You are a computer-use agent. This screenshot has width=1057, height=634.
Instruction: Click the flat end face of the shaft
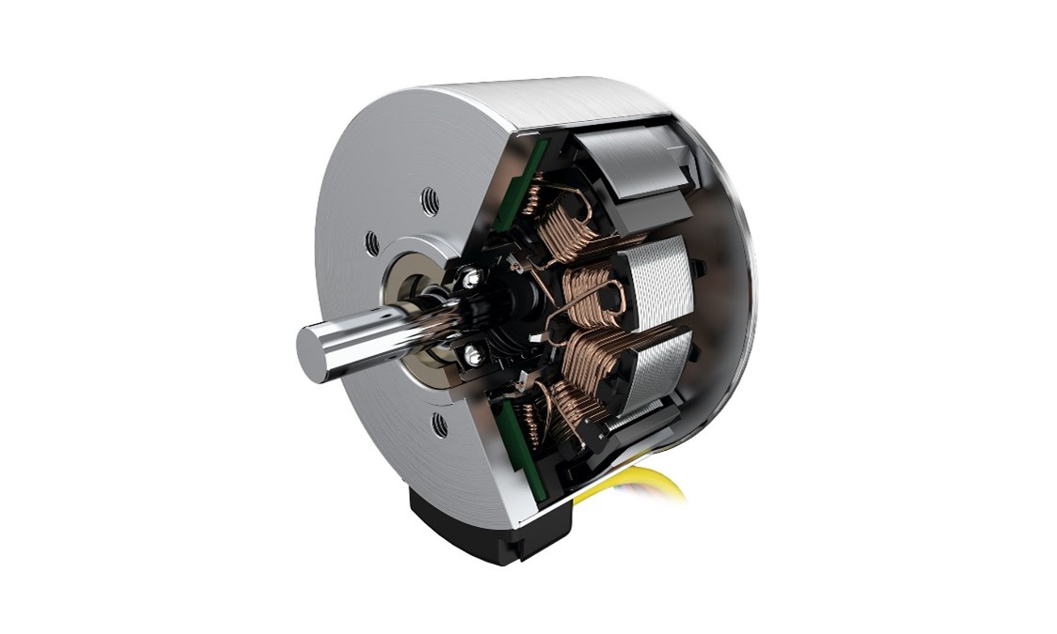314,350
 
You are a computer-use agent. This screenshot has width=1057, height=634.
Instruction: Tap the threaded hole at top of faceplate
429,198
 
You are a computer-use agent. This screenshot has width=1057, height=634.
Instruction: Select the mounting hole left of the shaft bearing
371,243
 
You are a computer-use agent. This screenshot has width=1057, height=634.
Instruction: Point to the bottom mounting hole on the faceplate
439,425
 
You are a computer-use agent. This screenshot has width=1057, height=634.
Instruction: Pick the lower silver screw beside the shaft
474,353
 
